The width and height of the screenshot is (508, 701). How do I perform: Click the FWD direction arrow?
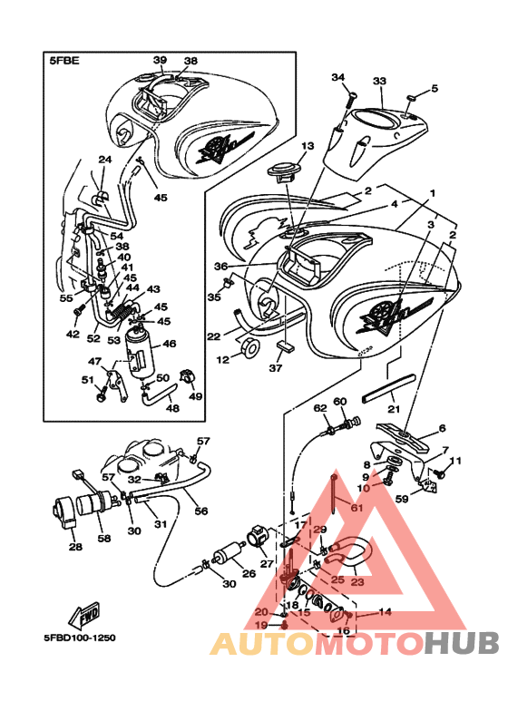pos(84,616)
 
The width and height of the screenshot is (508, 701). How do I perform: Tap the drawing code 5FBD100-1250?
pos(80,638)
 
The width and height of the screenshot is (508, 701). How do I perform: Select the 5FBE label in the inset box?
pos(63,61)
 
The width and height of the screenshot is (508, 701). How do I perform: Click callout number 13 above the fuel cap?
pos(308,146)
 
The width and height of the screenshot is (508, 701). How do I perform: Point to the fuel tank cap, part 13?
pos(284,172)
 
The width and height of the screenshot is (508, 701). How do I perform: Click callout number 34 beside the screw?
pos(338,77)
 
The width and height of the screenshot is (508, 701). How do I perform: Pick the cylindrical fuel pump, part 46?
pos(139,352)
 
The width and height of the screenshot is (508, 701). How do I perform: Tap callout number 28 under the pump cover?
pos(75,546)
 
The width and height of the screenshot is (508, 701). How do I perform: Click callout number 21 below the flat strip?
pos(394,409)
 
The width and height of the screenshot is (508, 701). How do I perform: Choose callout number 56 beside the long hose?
pos(201,510)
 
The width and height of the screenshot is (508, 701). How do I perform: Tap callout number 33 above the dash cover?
pos(380,82)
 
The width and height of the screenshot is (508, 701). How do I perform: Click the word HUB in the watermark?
pos(462,643)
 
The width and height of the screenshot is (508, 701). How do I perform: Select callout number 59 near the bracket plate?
pos(402,499)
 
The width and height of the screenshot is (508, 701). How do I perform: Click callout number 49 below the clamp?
pos(195,396)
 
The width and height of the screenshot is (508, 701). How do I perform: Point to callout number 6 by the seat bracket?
pos(443,428)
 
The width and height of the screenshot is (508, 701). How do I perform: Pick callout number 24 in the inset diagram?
pos(105,160)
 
